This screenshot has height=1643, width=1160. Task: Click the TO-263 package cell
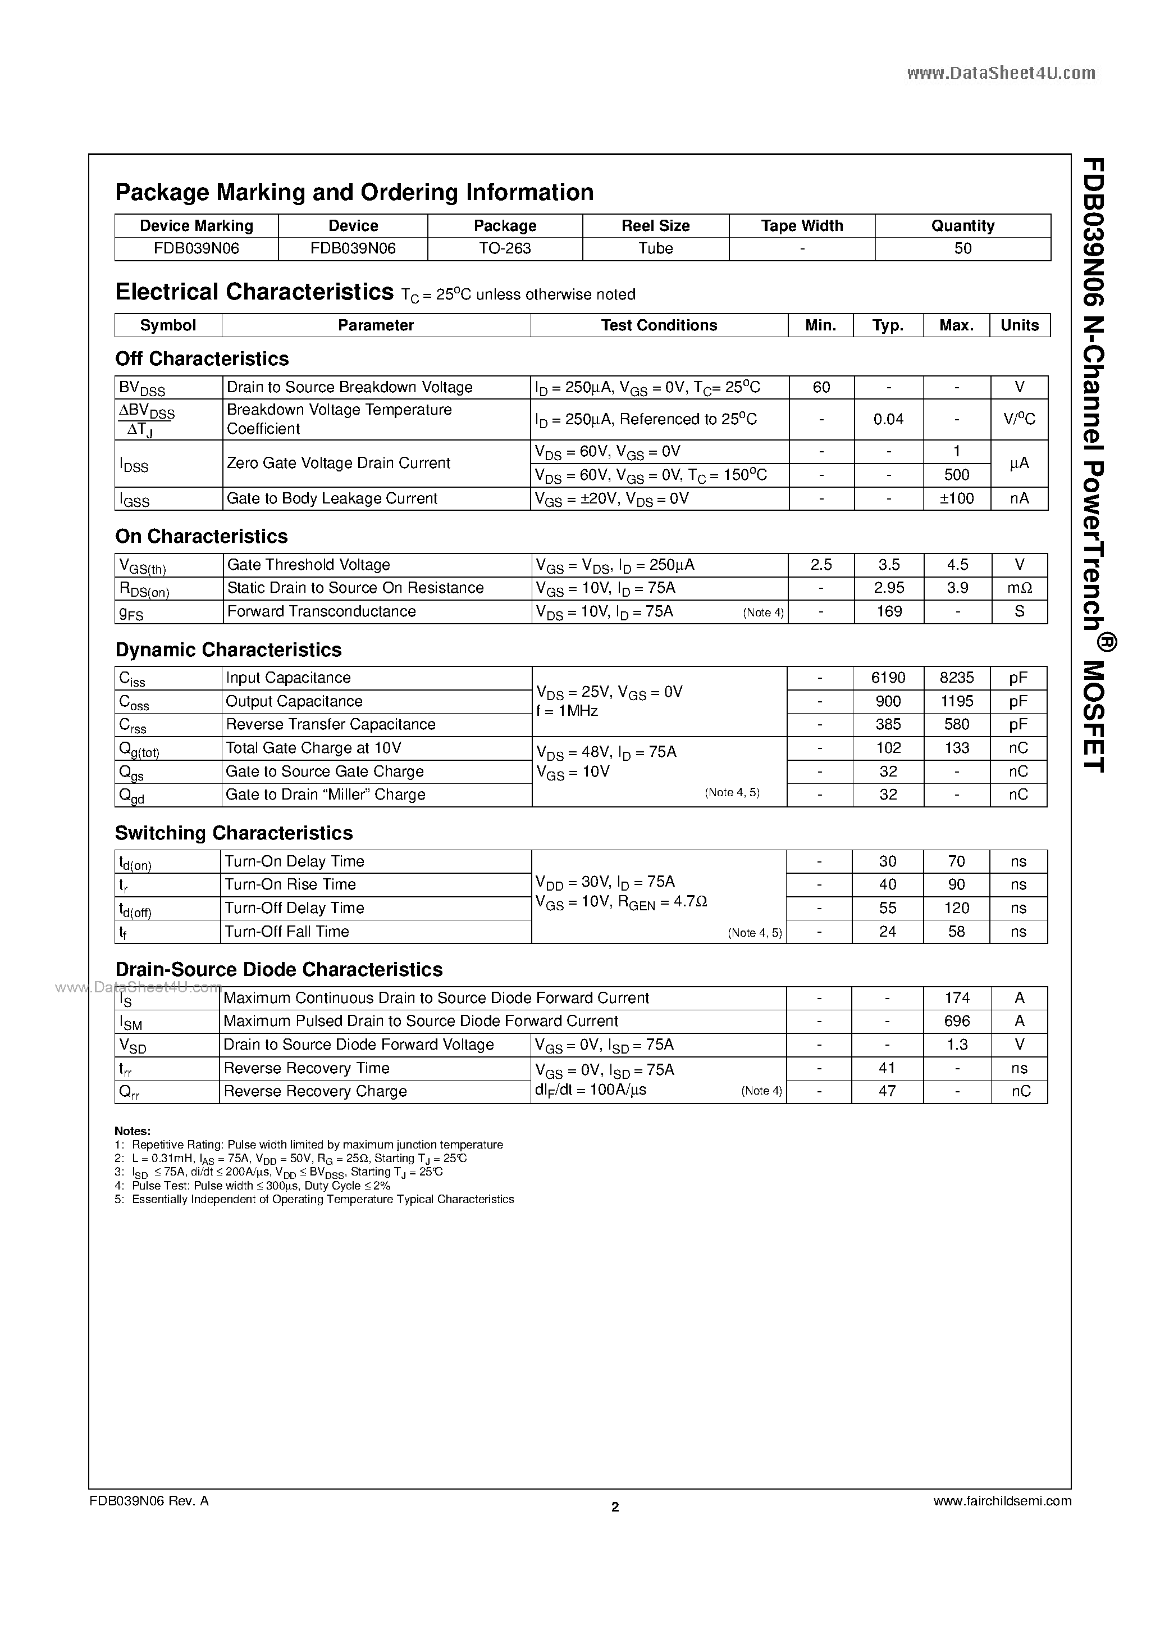click(505, 248)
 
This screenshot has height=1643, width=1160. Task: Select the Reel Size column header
click(655, 225)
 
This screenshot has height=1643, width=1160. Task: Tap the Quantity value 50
click(962, 248)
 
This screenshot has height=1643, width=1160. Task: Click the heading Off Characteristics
click(202, 358)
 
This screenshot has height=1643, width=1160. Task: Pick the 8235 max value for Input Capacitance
click(956, 678)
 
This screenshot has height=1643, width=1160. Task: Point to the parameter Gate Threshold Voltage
click(308, 565)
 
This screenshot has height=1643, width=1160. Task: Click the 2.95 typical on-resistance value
click(888, 588)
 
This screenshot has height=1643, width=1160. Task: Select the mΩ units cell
click(1019, 588)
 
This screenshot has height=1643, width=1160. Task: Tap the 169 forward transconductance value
click(888, 611)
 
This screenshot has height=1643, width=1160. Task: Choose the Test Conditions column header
click(659, 325)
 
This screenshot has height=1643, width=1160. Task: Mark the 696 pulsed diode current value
click(956, 1020)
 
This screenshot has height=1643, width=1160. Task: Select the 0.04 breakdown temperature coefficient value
click(888, 419)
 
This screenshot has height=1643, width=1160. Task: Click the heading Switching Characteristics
click(234, 833)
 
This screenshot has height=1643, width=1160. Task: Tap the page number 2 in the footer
click(615, 1506)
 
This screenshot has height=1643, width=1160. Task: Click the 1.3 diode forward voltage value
click(956, 1044)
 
